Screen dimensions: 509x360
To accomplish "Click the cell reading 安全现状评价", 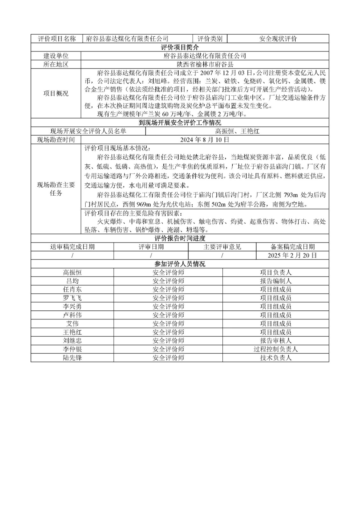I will [x=278, y=39].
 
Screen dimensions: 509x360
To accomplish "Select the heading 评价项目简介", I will [x=180, y=47].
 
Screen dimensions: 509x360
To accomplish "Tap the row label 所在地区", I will [x=56, y=65].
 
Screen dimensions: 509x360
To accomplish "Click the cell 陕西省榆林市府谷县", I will [x=205, y=65].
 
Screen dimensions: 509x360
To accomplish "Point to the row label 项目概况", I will [x=56, y=94].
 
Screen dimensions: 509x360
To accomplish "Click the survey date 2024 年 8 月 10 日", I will [x=205, y=140].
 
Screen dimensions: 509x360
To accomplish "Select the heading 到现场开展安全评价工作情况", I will [x=180, y=123].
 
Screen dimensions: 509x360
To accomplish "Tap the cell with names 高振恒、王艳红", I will [x=237, y=131].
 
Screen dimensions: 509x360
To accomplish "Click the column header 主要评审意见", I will [x=222, y=247].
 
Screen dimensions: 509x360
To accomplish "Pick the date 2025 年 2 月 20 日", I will [x=292, y=255].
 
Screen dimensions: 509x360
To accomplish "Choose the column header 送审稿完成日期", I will [x=72, y=247].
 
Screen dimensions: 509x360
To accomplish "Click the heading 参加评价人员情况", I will [x=180, y=264].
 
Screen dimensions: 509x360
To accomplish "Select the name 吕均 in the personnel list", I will [x=72, y=281].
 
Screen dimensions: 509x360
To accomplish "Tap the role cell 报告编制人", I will [x=276, y=281].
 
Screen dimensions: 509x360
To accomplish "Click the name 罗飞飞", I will [x=72, y=298].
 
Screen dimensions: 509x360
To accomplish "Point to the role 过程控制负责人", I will [x=276, y=349].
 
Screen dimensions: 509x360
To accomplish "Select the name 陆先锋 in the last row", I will [x=72, y=358].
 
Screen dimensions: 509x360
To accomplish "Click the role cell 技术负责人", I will [x=276, y=358].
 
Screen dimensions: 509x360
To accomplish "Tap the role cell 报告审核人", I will [x=276, y=341].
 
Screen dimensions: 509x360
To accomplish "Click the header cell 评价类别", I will [x=210, y=39].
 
